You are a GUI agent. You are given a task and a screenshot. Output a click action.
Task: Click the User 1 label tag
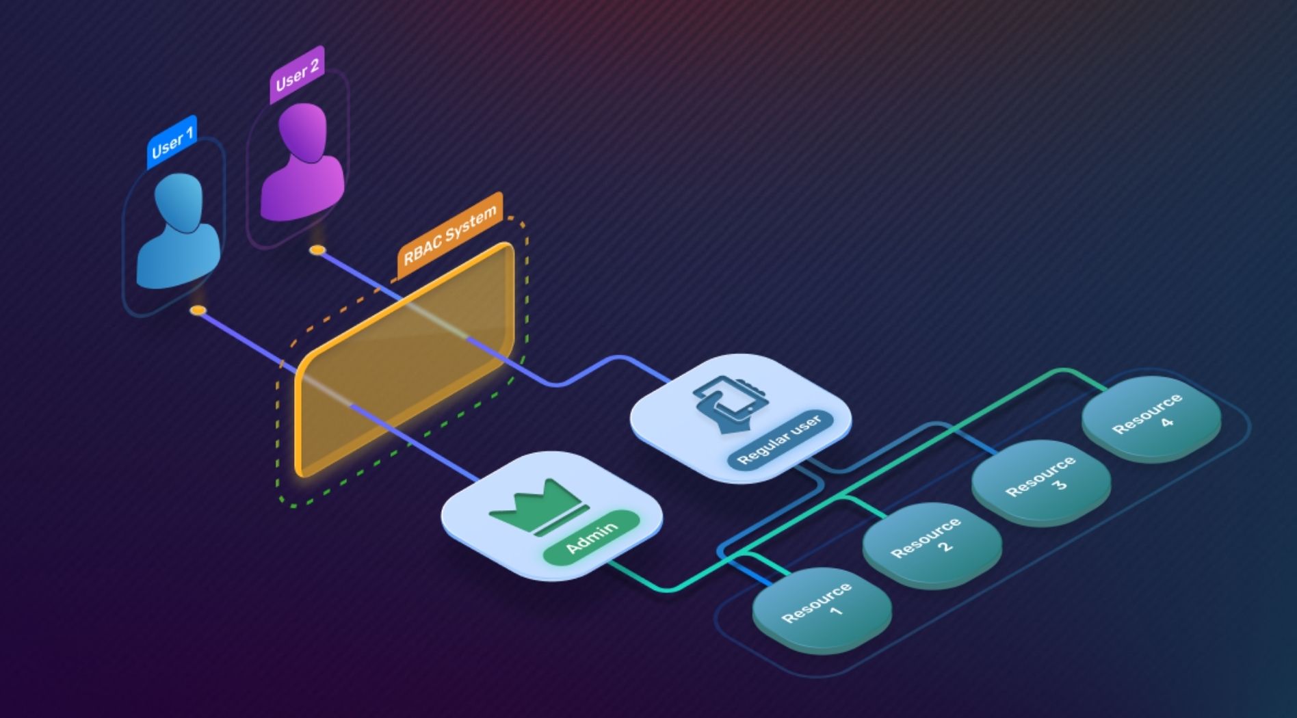(x=172, y=142)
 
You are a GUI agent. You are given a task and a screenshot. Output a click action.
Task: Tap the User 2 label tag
(x=297, y=75)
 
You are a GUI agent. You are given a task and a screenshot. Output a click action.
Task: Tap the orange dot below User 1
(x=198, y=310)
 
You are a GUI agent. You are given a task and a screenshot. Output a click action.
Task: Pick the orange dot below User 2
(x=317, y=250)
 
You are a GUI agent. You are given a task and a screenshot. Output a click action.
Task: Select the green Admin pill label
(x=592, y=537)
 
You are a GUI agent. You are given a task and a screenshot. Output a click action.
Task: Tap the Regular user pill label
(x=780, y=439)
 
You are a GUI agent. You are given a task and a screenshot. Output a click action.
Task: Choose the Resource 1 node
(x=822, y=608)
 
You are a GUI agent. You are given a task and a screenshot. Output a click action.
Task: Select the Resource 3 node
(x=1041, y=481)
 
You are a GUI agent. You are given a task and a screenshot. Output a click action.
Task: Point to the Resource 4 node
(x=1151, y=417)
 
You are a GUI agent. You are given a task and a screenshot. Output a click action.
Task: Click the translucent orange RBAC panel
(x=404, y=358)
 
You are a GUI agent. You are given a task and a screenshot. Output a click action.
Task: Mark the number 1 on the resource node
(x=836, y=611)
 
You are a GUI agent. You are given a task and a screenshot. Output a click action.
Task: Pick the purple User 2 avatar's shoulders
(x=302, y=189)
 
